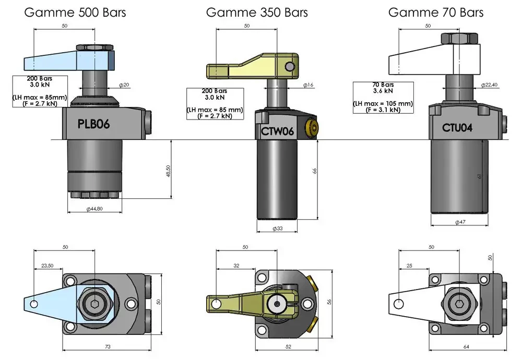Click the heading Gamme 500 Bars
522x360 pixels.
pos(75,13)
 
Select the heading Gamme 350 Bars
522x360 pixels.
pos(257,13)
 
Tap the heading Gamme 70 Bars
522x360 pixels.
pos(436,13)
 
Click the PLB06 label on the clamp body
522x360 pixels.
pos(93,124)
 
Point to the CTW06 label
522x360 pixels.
pos(277,131)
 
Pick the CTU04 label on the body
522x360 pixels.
pos(457,127)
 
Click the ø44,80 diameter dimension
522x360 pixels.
pos(94,209)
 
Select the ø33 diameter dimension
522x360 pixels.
pos(277,229)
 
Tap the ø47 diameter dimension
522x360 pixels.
pos(460,222)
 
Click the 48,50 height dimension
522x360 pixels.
pos(168,171)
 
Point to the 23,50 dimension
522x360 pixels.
pos(48,266)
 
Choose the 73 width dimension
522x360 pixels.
pos(108,346)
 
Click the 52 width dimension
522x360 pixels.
pos(288,346)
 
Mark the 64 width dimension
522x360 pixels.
pos(466,346)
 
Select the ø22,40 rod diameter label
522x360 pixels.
pos(489,85)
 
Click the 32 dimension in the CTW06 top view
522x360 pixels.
pos(236,266)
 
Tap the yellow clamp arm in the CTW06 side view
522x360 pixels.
pos(252,66)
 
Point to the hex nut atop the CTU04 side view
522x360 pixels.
pos(459,38)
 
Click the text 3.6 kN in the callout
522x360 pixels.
pos(383,91)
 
